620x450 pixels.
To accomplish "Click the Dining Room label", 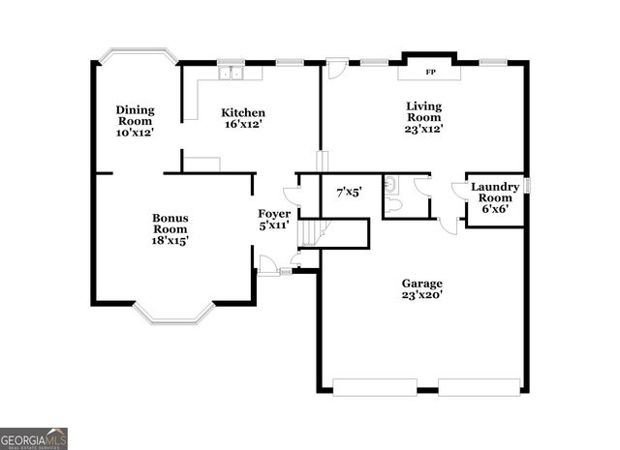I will [x=135, y=121].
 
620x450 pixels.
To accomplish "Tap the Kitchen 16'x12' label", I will [x=242, y=118].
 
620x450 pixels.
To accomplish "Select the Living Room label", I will [x=423, y=117].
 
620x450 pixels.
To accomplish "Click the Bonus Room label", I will [x=170, y=229].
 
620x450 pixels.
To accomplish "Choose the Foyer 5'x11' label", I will [x=274, y=220].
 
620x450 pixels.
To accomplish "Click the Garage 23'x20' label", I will [x=422, y=289].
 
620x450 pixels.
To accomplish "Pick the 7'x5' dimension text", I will [x=349, y=193].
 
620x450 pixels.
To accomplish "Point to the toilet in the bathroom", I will [x=391, y=205].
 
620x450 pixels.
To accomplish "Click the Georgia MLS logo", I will [x=34, y=437].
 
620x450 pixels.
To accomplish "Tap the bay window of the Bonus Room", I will [x=173, y=313].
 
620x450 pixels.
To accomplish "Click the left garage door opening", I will [x=375, y=387].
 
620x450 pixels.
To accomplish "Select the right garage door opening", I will [x=479, y=387].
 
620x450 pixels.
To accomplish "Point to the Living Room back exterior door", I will [x=336, y=70].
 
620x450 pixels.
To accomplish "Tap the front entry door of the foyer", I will [x=266, y=263].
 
